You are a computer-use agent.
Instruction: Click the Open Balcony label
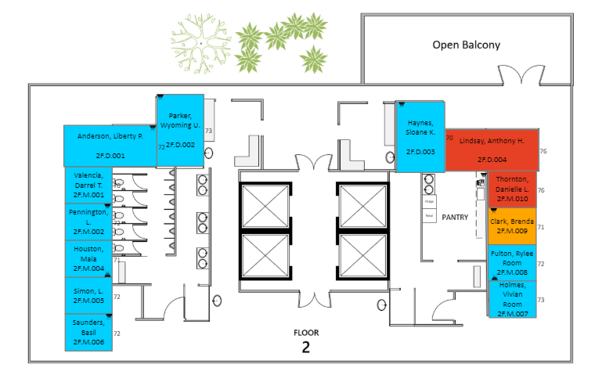tap(466, 45)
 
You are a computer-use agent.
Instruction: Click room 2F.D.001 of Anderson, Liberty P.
tap(110, 145)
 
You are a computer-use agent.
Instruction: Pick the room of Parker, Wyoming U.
tap(180, 130)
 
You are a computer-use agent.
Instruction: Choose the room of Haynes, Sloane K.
tap(420, 136)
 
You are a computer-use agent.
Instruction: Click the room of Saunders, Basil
tap(88, 333)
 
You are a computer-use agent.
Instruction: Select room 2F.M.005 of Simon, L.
tap(88, 295)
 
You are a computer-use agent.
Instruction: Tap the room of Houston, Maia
tap(88, 258)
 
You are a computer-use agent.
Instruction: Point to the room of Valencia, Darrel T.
tap(88, 186)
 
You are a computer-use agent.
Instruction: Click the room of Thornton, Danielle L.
tap(512, 189)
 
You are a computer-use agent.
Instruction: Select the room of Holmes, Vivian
tap(512, 298)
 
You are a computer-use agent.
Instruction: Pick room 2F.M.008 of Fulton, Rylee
tap(512, 262)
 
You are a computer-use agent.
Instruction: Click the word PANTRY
tap(455, 216)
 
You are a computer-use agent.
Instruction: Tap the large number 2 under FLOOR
tap(305, 348)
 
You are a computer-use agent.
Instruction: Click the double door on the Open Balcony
tap(521, 75)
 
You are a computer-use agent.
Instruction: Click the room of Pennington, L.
tap(88, 222)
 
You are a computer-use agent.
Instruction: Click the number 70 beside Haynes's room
tap(449, 138)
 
